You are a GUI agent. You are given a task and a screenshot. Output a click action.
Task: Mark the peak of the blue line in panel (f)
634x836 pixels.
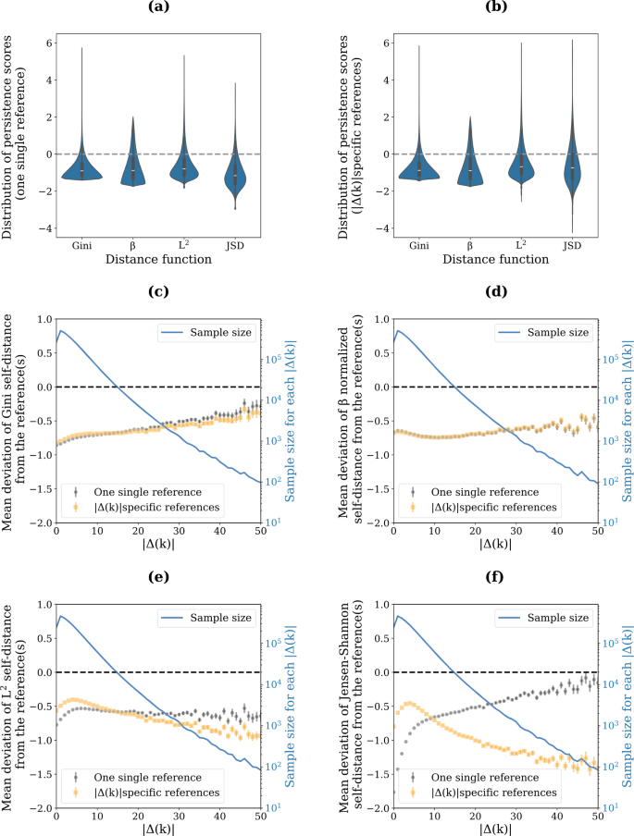coord(398,615)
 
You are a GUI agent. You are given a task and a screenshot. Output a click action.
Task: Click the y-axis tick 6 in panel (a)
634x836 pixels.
coord(48,42)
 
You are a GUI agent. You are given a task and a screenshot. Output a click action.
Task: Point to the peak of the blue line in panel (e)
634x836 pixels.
coord(62,615)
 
